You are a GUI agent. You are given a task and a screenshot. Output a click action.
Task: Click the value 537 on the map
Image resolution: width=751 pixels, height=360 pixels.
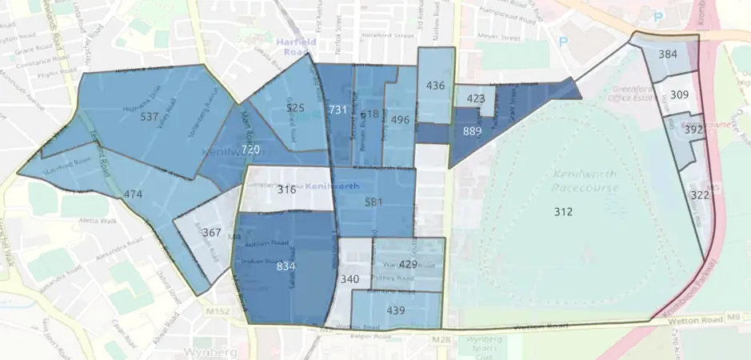(x=149, y=117)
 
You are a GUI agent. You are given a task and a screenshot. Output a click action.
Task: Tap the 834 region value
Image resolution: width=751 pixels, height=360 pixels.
(x=286, y=266)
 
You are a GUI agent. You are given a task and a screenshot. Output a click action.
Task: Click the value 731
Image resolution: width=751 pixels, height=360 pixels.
(x=338, y=110)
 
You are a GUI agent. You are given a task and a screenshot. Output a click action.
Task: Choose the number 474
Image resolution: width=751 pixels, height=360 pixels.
(x=133, y=194)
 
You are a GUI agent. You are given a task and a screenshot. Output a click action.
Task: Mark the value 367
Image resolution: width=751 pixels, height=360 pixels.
(x=211, y=233)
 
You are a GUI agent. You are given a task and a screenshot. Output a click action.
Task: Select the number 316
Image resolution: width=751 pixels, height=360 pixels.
(x=286, y=190)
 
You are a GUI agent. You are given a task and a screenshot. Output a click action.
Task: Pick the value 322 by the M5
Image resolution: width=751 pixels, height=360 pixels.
(x=700, y=195)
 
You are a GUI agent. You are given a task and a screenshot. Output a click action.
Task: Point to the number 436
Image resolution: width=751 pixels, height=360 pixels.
(x=436, y=86)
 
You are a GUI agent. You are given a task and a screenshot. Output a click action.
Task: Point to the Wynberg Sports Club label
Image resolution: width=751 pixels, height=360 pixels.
(x=482, y=347)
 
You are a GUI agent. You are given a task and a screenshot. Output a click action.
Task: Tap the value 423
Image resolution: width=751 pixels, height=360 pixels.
(x=475, y=99)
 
